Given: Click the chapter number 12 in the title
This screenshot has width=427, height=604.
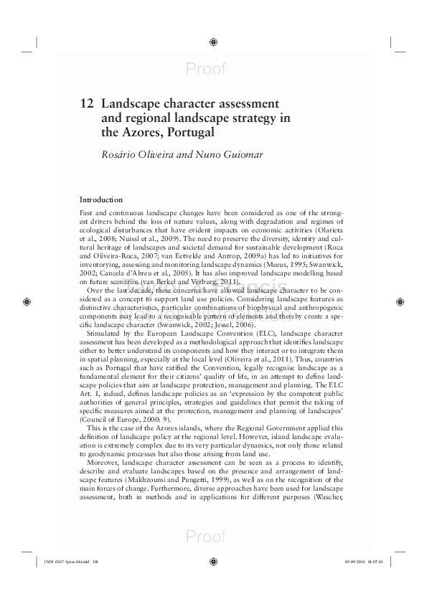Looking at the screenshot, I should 88,103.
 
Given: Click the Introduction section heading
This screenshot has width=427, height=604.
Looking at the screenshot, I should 100,199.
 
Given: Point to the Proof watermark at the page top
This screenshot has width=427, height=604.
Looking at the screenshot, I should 205,69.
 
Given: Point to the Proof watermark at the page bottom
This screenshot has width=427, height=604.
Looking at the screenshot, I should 205,537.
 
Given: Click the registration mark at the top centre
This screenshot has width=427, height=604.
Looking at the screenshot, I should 213,42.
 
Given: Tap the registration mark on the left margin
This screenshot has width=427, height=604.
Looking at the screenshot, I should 27,302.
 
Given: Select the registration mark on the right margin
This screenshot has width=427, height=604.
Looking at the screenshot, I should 400,302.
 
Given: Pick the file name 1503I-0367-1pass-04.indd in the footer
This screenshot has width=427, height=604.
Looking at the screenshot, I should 59,562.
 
